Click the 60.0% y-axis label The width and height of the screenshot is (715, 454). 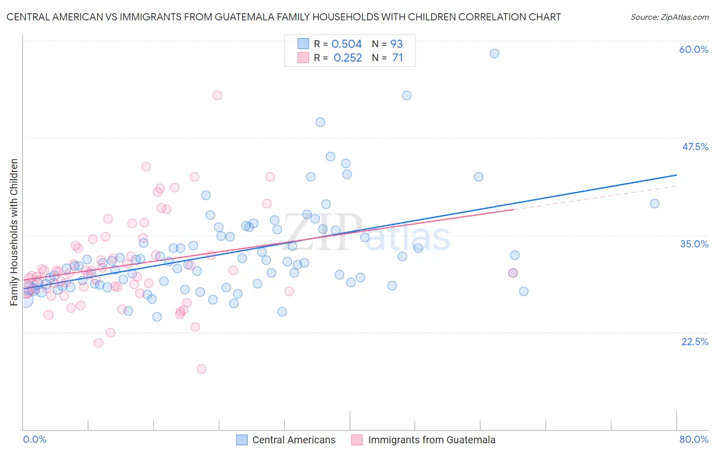pos(694,49)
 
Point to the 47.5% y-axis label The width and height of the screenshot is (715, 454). pos(695,147)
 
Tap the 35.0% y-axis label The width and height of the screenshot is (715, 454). pos(694,244)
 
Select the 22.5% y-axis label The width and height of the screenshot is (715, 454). pos(695,341)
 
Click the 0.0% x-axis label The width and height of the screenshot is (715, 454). pos(35,439)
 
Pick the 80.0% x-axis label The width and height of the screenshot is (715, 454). pos(694,439)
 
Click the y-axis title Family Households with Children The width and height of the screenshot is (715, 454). pos(14,232)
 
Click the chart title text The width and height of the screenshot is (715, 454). pos(284,17)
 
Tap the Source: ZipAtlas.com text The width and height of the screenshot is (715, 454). pos(669,17)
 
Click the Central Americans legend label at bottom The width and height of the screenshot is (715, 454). pos(294,440)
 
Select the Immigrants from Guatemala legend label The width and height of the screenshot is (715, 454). pos(432,440)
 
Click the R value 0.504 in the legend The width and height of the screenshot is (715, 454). pos(346,44)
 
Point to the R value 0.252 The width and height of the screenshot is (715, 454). pos(348,58)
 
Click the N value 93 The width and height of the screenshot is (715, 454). pos(396,44)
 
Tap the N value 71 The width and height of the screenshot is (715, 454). pos(397,58)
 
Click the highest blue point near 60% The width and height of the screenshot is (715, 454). pos(494,53)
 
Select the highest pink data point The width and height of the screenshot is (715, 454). pos(217,95)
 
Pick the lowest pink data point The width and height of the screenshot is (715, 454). pos(201,369)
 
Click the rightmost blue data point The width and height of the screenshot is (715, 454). pos(654,204)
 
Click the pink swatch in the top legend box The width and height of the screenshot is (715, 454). pos(303,58)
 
